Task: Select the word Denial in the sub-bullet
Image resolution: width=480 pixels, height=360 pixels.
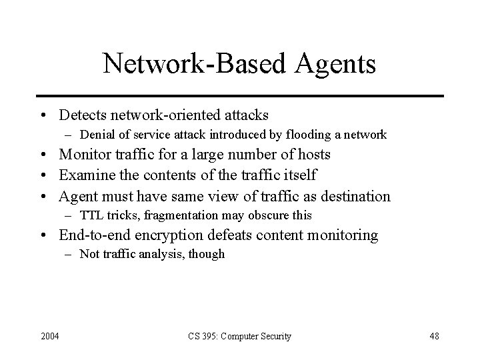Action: tap(96, 135)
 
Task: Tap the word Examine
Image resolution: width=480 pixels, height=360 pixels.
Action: tap(85, 176)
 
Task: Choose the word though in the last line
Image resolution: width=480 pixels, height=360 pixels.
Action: tap(208, 254)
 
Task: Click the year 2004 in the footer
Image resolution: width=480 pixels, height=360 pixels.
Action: tap(49, 337)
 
